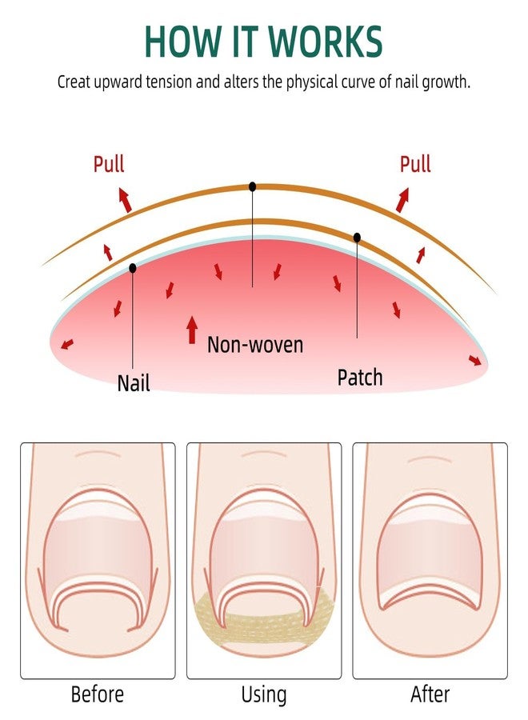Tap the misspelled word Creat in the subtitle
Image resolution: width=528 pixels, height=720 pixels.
click(x=74, y=82)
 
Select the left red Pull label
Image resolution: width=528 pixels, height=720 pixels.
click(x=109, y=164)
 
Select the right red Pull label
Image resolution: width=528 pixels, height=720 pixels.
click(x=415, y=164)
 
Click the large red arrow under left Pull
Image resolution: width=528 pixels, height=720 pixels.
click(x=125, y=200)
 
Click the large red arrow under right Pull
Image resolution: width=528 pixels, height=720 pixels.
click(x=402, y=200)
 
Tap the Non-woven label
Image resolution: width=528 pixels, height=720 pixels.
click(x=255, y=345)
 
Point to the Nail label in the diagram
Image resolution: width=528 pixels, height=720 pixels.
click(x=134, y=382)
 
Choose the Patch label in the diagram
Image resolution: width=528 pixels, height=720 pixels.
click(x=360, y=378)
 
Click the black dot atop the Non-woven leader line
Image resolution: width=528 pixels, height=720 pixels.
click(x=252, y=186)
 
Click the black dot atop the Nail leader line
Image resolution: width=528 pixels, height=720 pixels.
click(x=133, y=268)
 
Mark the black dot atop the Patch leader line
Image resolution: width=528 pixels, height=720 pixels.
click(x=357, y=238)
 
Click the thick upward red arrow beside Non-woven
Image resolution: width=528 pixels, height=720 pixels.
click(x=192, y=330)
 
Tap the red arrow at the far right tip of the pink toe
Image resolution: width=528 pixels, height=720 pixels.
click(x=475, y=361)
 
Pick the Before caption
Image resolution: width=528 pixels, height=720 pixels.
click(x=98, y=694)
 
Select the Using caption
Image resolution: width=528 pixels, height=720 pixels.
click(x=264, y=695)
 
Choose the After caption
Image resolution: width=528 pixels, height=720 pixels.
click(x=430, y=694)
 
